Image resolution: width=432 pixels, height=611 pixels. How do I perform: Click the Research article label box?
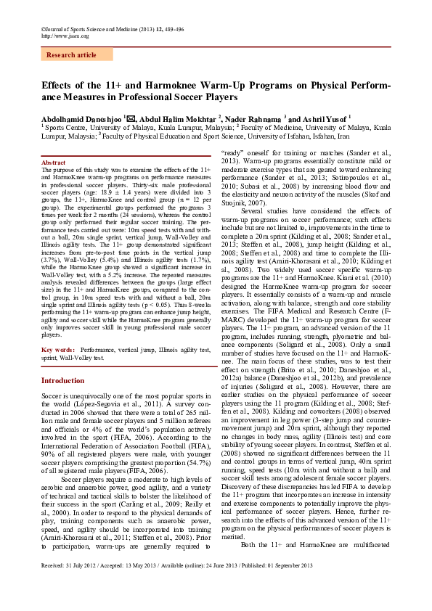point(70,55)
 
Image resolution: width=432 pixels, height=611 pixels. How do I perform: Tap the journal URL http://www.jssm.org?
point(66,36)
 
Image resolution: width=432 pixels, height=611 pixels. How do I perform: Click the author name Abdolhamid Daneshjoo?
point(81,118)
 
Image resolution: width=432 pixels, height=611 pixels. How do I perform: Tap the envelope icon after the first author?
point(129,117)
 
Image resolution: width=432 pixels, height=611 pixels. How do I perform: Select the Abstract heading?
point(55,163)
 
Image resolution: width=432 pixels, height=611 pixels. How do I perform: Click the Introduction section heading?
point(62,380)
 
